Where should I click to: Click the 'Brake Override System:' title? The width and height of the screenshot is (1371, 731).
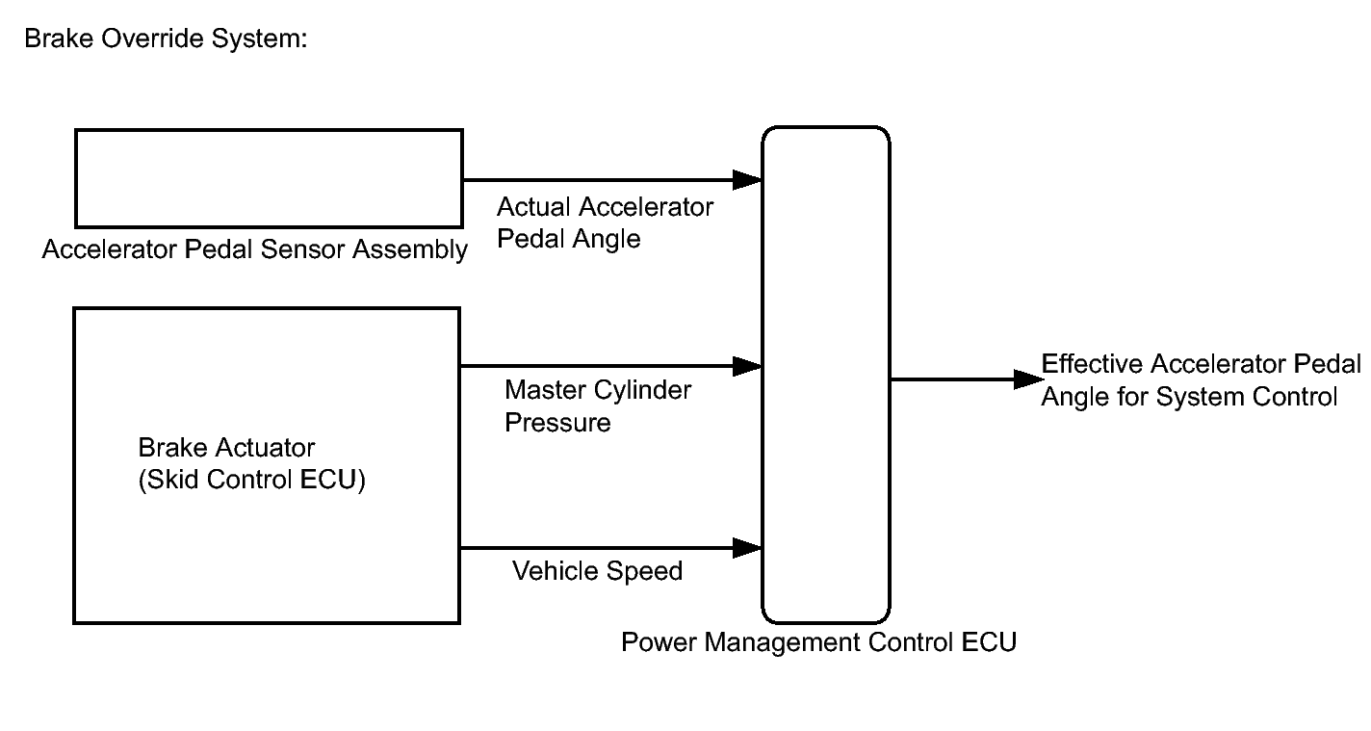click(166, 39)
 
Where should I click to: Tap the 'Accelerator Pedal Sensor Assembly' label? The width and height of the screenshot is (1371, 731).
click(254, 249)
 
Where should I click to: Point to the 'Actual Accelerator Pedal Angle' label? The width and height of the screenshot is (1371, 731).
click(605, 222)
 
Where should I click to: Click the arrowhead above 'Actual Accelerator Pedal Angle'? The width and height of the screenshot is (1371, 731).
click(747, 180)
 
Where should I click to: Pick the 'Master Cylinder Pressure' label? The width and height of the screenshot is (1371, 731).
click(598, 405)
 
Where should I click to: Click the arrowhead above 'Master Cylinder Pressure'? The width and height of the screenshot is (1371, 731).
click(747, 366)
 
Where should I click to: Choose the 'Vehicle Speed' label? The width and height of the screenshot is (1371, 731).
click(597, 571)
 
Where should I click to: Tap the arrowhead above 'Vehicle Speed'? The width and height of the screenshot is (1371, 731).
click(747, 548)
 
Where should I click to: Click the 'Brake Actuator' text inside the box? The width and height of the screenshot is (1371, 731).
click(226, 448)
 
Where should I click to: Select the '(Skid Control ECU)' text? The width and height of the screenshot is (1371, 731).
click(251, 480)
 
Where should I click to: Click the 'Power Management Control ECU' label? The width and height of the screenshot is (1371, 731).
click(819, 642)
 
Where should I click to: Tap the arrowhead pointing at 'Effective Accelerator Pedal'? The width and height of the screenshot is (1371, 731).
click(1028, 379)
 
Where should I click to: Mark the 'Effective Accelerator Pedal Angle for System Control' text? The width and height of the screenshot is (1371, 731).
click(1201, 380)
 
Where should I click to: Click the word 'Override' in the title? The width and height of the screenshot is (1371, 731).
click(152, 39)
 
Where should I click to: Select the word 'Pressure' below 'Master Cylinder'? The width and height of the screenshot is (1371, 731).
click(557, 423)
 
